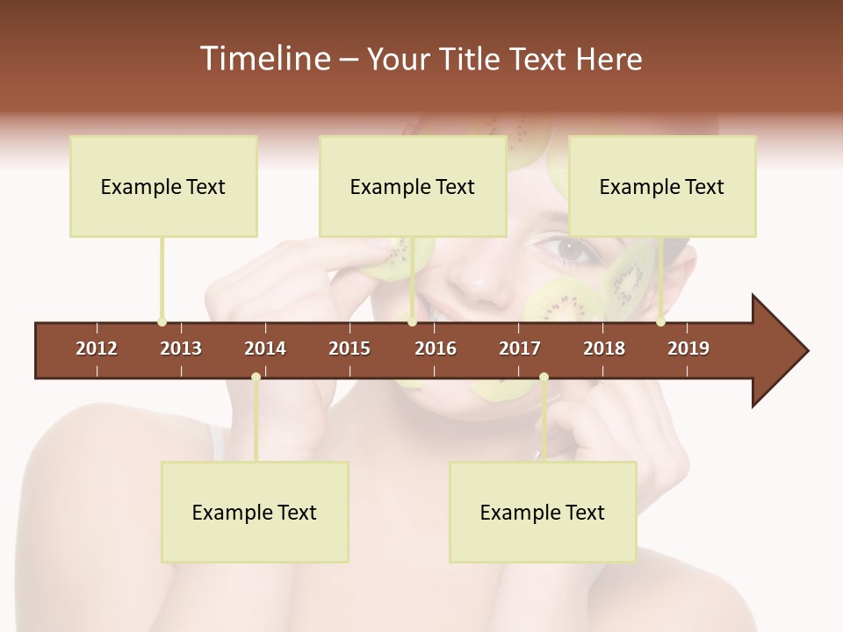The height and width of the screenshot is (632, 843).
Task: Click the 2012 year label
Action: pos(97,348)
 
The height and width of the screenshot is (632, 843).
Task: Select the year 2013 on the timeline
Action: pos(181,348)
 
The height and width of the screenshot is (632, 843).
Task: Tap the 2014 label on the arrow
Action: pos(265,348)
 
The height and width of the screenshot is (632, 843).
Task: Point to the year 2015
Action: pos(349,348)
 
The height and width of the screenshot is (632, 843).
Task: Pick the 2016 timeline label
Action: pos(436,348)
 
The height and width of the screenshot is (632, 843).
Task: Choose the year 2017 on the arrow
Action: pos(520,348)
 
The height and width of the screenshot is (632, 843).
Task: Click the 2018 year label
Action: pos(604,348)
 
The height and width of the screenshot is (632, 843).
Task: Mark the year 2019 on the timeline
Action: pos(688,348)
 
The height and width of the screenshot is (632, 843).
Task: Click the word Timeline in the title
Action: pos(263,59)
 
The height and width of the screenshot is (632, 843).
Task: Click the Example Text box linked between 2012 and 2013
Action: pos(163,186)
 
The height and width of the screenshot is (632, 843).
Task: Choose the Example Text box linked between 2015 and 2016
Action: pos(413,186)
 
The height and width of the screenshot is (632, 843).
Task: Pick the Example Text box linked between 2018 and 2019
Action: pos(662,186)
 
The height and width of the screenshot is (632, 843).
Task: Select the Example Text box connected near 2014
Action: pos(255,512)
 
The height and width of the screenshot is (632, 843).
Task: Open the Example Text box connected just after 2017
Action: pos(543,512)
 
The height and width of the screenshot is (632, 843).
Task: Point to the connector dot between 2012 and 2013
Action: pos(162,322)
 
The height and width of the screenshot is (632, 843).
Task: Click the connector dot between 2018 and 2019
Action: pos(660,322)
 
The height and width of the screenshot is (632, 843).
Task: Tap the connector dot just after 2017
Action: pos(544,377)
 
